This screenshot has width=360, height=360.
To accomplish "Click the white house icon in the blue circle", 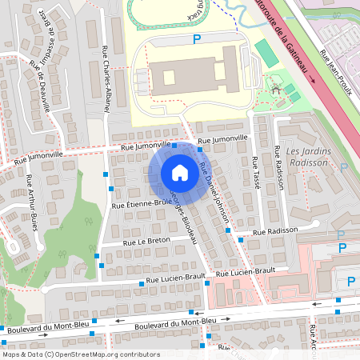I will pos(179,172).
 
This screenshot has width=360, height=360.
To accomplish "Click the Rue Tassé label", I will pos(255,171).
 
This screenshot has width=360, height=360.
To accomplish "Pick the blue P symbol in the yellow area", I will pos(197,38).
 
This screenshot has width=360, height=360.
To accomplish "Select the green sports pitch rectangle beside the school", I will pos(265,53).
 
